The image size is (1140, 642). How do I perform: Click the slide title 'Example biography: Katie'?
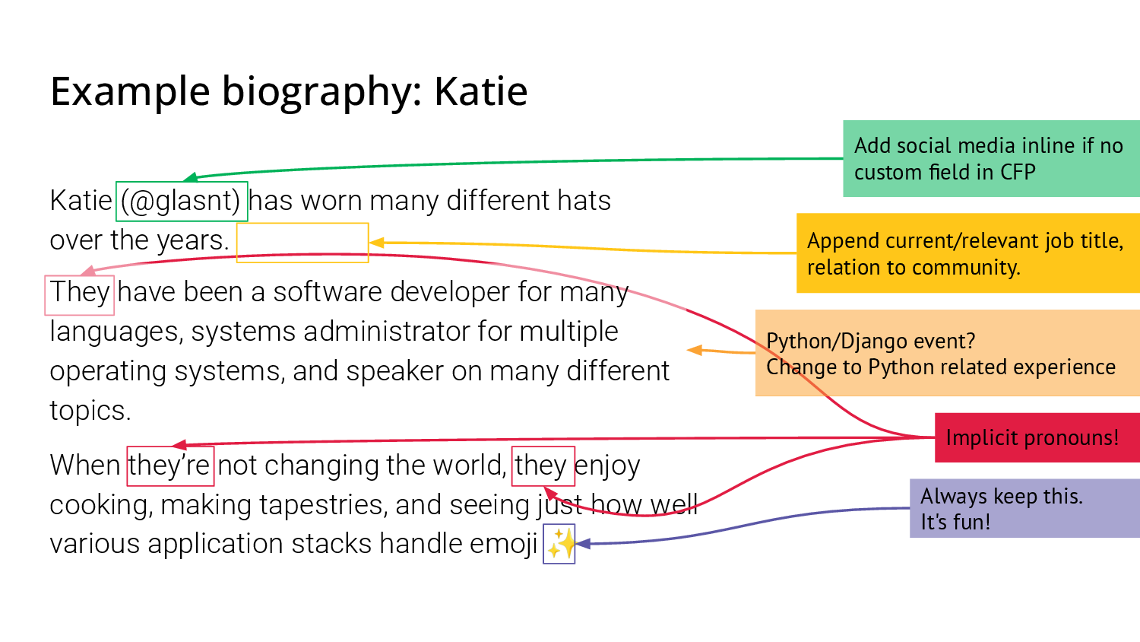click(289, 93)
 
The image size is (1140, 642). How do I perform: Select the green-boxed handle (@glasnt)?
click(182, 202)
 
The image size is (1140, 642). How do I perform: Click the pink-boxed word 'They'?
click(79, 295)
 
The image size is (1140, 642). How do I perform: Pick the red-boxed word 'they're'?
click(170, 466)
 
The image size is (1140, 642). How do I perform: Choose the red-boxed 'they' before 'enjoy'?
click(543, 466)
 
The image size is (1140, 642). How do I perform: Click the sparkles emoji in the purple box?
click(559, 544)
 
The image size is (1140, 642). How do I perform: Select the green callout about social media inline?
click(991, 158)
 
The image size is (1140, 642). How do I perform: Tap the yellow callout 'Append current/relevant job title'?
click(968, 253)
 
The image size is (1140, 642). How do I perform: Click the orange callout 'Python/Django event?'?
click(948, 353)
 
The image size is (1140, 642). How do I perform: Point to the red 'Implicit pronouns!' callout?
click(1037, 437)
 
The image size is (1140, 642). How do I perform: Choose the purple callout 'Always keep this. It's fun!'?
click(1025, 509)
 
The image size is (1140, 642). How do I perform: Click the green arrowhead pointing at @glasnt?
click(190, 177)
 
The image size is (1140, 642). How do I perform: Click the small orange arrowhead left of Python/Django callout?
click(695, 350)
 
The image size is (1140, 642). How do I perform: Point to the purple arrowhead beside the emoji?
click(583, 544)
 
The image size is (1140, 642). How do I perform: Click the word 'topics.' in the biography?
click(90, 411)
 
